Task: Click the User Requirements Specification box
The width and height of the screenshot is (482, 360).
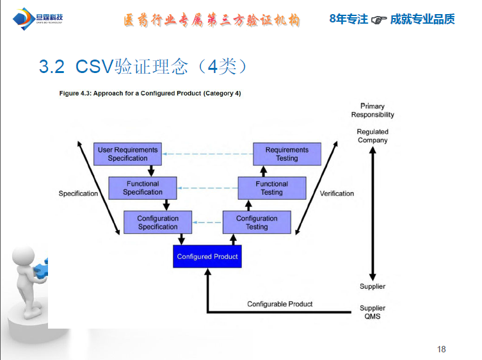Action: click(127, 154)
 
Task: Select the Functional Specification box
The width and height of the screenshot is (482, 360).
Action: click(143, 188)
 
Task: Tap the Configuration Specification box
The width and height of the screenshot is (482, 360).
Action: click(158, 222)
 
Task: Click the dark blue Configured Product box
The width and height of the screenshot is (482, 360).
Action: click(207, 256)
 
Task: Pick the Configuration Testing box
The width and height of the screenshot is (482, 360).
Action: click(257, 222)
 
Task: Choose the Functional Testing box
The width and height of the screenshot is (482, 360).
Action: click(271, 188)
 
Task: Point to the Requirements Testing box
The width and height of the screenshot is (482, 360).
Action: click(287, 154)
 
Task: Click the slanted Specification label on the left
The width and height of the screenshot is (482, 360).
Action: click(78, 193)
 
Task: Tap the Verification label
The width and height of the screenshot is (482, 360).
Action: click(337, 193)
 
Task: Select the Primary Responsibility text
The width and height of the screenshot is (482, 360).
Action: click(373, 110)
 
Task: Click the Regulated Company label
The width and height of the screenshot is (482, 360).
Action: click(373, 136)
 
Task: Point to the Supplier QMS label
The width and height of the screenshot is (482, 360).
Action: click(373, 312)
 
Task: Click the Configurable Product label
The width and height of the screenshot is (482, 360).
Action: click(280, 304)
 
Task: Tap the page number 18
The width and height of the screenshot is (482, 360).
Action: click(441, 349)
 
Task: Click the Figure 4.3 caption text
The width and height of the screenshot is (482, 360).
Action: click(150, 94)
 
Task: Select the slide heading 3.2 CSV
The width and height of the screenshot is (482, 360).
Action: click(143, 67)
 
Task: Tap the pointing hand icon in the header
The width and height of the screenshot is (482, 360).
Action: click(379, 20)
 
